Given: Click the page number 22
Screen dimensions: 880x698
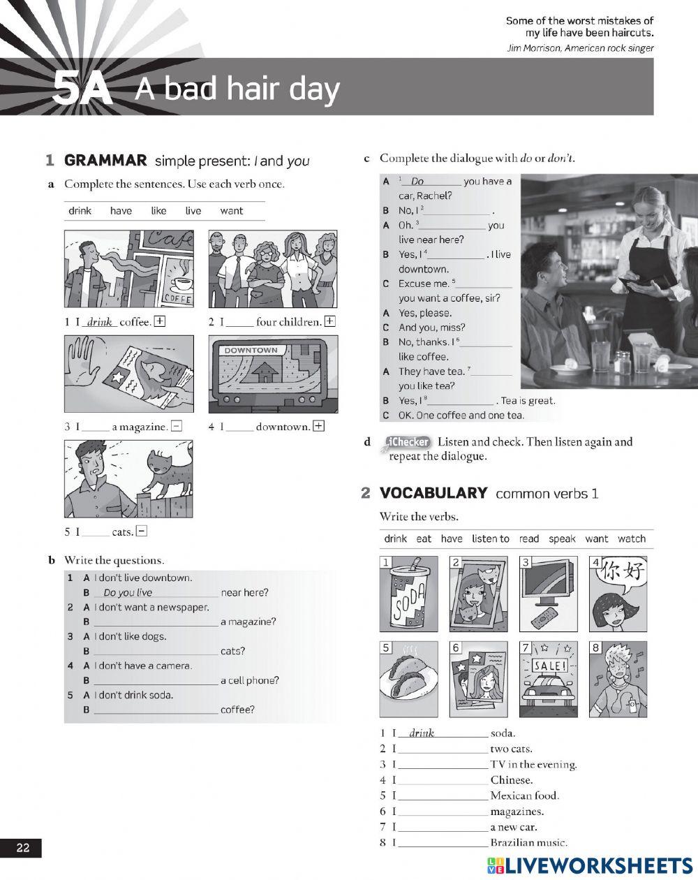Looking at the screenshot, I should coord(23,848).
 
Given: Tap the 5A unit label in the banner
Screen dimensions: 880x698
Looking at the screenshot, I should coord(82,89).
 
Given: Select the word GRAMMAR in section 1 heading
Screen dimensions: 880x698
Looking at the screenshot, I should coord(105,161).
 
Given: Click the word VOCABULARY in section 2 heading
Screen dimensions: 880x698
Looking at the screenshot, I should coord(433,493).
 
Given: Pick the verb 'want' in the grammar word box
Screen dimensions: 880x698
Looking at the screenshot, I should coord(231,211).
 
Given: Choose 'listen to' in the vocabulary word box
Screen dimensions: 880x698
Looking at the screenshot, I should coord(490,538).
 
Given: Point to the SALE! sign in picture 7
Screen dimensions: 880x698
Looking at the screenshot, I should coord(549,666).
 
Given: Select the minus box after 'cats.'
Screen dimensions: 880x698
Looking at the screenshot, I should coord(142,531).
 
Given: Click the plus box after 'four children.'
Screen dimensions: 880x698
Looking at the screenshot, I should coord(329,322).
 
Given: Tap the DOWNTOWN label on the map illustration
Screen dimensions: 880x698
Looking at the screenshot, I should coord(251,351).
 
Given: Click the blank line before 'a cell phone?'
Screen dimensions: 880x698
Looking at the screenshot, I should coord(155,681).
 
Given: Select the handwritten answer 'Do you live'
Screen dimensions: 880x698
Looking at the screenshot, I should coord(128,592).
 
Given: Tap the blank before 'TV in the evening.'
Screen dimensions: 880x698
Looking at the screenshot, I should coord(443,765).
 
